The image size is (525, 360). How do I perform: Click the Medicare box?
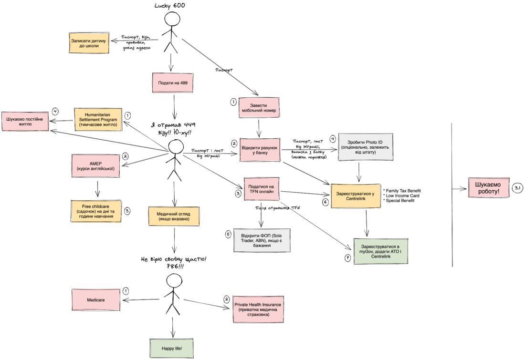(x=95, y=301)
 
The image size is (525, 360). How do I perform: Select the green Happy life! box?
(x=172, y=349)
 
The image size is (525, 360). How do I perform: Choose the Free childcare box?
(x=96, y=210)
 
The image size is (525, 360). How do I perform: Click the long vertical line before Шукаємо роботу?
(x=451, y=191)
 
